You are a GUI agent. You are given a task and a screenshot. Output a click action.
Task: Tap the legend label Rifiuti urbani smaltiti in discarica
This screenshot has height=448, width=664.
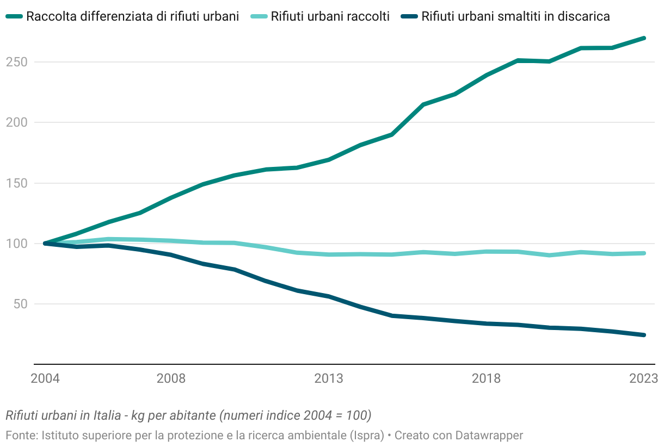[515, 17]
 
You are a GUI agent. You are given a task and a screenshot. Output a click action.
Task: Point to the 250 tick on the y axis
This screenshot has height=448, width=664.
[16, 62]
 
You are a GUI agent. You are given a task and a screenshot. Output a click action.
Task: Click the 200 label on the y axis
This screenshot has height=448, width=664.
[16, 122]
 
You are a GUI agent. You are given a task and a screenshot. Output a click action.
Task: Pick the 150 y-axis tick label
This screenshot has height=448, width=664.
[16, 183]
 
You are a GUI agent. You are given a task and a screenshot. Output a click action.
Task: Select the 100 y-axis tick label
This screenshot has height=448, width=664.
[16, 244]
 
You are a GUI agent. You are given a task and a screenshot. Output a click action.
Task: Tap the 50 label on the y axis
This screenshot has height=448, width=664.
[20, 304]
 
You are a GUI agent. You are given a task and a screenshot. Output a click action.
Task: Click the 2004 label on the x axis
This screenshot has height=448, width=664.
[45, 378]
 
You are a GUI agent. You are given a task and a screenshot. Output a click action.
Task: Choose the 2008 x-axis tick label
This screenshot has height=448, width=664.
[171, 378]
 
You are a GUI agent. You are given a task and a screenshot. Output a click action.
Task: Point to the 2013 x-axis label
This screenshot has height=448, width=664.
[329, 378]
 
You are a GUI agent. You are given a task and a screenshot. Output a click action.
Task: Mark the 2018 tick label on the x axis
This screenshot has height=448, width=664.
[486, 378]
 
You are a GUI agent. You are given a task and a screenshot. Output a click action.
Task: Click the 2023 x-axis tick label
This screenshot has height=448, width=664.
[643, 378]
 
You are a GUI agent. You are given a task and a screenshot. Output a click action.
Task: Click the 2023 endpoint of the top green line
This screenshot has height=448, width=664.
[643, 38]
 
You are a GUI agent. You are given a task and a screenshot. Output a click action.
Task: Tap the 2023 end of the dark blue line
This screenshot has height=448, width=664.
[643, 335]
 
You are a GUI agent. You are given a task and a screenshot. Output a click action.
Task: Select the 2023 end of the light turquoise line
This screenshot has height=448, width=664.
[643, 253]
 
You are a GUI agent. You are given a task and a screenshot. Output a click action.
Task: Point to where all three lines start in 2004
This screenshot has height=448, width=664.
[45, 244]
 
